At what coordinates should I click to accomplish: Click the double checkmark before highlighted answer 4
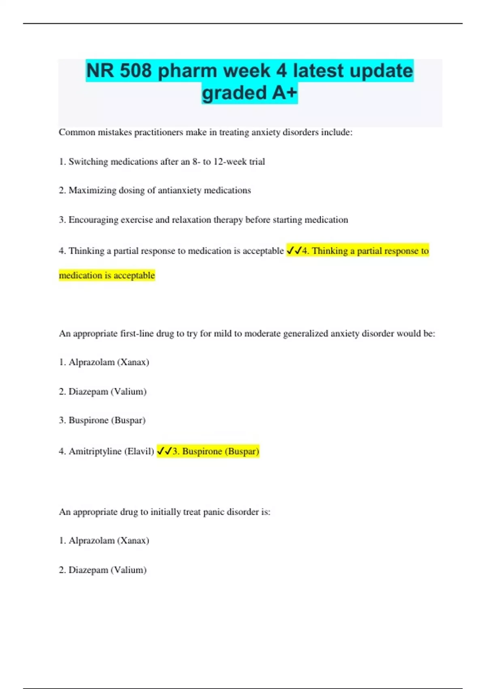[294, 251]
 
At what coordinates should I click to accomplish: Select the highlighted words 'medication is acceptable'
[107, 276]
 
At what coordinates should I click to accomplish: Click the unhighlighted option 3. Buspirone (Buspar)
[102, 420]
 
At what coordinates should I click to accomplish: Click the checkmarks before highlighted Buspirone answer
[164, 451]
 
